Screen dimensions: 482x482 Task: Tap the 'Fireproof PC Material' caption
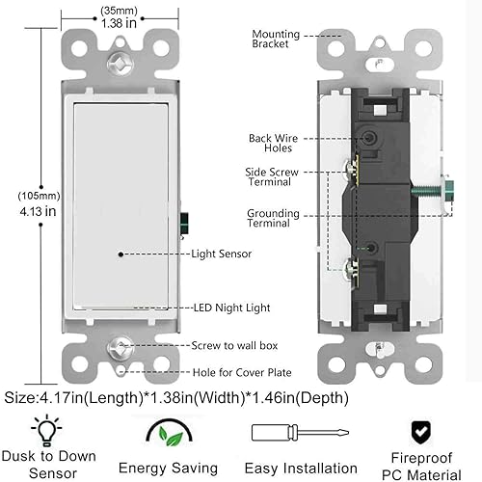click(x=414, y=466)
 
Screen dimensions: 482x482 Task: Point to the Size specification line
click(x=174, y=396)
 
